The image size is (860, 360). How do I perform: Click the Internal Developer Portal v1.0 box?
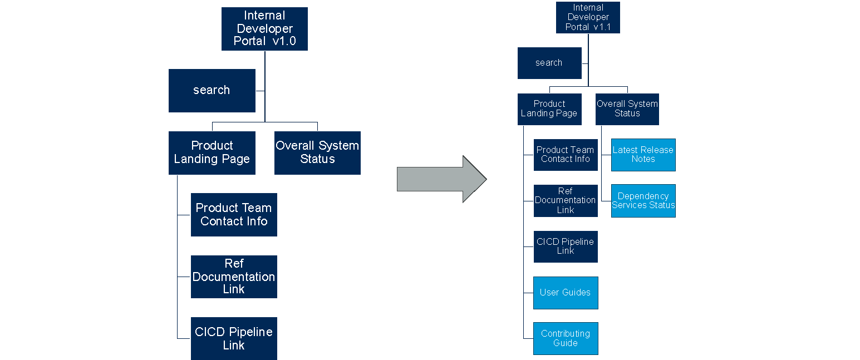pyautogui.click(x=264, y=29)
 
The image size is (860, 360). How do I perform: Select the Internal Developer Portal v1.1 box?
pyautogui.click(x=588, y=17)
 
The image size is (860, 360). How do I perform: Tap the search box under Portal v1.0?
pyautogui.click(x=212, y=90)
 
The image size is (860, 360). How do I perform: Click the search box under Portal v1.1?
pyautogui.click(x=549, y=63)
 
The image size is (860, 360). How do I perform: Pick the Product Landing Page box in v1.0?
pyautogui.click(x=212, y=152)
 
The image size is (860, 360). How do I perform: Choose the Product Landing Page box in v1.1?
pyautogui.click(x=549, y=109)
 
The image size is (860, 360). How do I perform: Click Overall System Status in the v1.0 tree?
pyautogui.click(x=317, y=152)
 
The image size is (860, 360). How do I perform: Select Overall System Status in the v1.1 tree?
pyautogui.click(x=627, y=109)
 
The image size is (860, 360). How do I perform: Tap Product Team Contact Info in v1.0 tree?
pyautogui.click(x=234, y=214)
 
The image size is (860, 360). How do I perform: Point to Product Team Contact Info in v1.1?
pyautogui.click(x=565, y=154)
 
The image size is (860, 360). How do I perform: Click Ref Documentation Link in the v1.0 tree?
pyautogui.click(x=234, y=277)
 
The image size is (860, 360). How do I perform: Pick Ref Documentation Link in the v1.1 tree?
pyautogui.click(x=565, y=200)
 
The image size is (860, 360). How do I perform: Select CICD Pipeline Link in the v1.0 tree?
pyautogui.click(x=234, y=338)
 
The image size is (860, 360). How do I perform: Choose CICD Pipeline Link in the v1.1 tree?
pyautogui.click(x=565, y=246)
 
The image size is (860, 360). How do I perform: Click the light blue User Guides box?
pyautogui.click(x=565, y=292)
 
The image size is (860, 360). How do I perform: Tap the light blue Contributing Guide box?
pyautogui.click(x=565, y=338)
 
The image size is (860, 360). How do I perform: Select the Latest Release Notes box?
pyautogui.click(x=643, y=154)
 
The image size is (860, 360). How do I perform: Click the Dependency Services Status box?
pyautogui.click(x=643, y=200)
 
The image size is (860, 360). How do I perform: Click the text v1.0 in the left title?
pyautogui.click(x=284, y=41)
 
